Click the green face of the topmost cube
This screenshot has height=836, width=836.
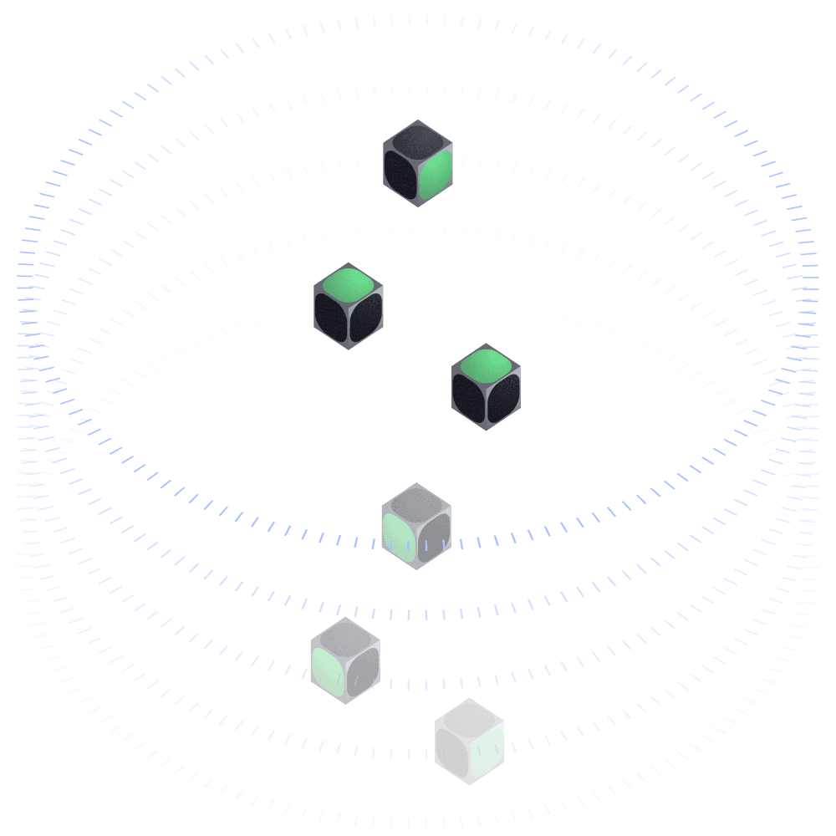pos(436,176)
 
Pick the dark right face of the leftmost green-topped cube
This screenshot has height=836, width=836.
pos(366,318)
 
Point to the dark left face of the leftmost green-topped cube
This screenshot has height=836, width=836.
pos(331,318)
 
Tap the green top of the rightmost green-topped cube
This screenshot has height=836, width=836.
pos(487,364)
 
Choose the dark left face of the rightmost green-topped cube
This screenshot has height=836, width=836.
pos(469,399)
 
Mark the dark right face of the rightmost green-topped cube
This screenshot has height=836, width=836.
pos(504,399)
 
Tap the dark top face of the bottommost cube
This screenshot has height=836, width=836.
pos(470,716)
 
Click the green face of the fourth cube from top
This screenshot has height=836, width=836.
pos(399,538)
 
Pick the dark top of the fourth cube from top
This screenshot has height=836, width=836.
pos(416,502)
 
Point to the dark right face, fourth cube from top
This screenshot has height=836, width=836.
pos(434,538)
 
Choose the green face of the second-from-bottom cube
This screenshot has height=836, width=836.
pos(328,671)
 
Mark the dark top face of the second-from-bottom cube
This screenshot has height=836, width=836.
pos(345,636)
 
